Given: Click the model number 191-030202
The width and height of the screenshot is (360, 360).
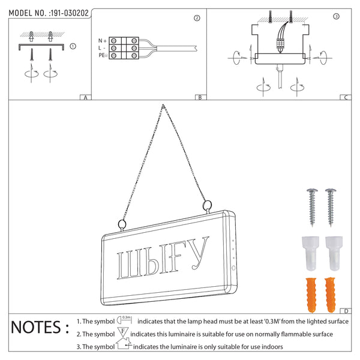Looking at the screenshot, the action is coord(70,13).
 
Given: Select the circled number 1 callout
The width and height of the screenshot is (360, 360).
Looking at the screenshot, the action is coord(73,46).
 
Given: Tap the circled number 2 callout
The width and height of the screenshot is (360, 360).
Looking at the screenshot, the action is coord(197,18).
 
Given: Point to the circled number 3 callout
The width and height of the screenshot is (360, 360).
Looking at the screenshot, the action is coord(336,16).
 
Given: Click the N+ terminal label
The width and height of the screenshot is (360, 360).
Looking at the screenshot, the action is coord(103,41).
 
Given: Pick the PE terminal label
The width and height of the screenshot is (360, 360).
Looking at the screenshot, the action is coord(103,55).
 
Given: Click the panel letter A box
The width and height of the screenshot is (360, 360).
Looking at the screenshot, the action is coord(85,97).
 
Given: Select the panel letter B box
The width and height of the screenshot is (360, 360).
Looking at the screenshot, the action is coord(200,97).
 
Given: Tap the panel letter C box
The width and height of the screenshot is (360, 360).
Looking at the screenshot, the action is coord(346,97).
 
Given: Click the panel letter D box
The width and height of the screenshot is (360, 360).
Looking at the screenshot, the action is coord(346,311).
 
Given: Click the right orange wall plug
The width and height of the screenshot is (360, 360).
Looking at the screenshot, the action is coord(331,295).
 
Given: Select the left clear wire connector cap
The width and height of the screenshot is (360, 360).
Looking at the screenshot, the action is coord(310,253).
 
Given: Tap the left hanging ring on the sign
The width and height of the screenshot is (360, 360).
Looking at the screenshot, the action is coord(122,225).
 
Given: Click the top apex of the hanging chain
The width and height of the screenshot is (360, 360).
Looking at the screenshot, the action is coord(163,105).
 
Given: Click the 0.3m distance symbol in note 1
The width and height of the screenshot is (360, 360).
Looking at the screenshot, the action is coord(124,320).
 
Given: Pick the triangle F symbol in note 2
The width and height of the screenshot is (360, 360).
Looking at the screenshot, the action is coord(123,332).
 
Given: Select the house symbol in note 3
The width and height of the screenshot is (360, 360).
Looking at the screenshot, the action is coord(124,344).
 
